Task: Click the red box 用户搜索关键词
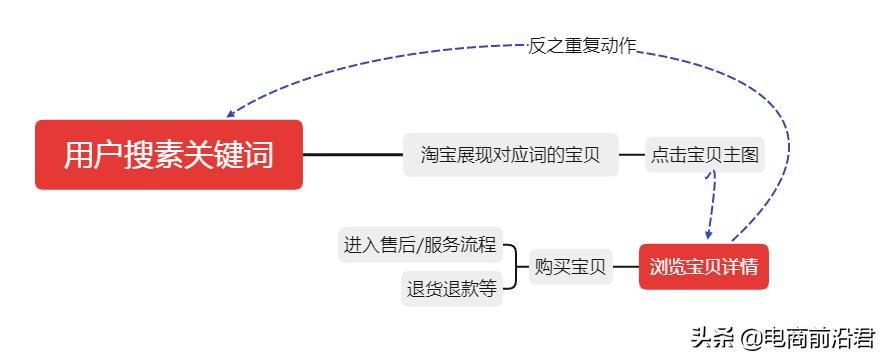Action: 168,155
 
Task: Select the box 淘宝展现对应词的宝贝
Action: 510,155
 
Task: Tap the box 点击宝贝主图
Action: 705,155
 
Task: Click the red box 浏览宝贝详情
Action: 703,267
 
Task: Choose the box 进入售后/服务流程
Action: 420,244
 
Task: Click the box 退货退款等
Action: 451,289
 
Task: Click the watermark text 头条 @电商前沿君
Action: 773,337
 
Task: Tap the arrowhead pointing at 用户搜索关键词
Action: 232,114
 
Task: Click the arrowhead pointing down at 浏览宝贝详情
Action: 709,234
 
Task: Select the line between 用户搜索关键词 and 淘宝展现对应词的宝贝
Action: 352,155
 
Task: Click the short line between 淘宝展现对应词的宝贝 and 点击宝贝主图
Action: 631,155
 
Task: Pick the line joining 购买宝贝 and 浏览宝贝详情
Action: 625,267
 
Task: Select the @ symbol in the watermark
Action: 750,338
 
